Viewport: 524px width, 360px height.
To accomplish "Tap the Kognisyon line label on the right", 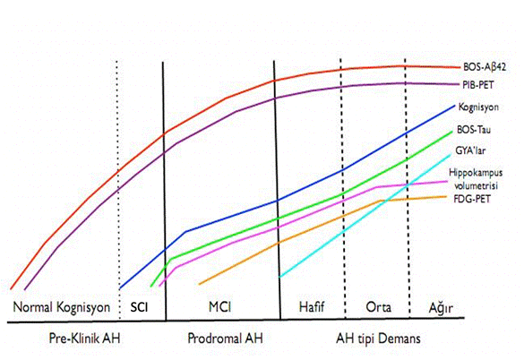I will [482, 107].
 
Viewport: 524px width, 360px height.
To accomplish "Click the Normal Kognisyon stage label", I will [61, 307].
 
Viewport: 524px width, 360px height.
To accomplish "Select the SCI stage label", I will [141, 307].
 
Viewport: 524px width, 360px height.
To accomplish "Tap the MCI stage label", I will [220, 307].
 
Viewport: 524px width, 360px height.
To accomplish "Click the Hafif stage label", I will [306, 307].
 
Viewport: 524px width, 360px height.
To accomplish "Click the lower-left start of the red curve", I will [12, 288].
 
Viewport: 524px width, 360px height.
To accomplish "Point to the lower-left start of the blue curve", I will [121, 288].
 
